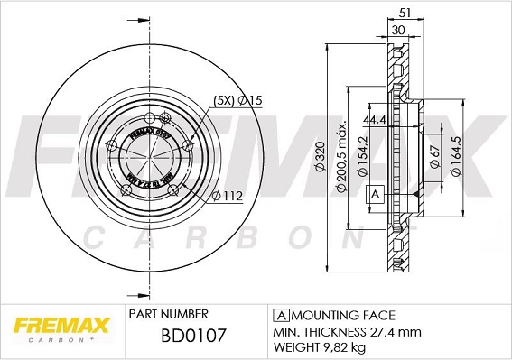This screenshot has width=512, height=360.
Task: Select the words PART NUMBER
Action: coord(168,314)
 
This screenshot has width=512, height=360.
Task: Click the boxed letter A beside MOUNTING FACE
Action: coord(280,315)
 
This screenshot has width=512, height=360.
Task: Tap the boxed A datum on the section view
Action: coord(373,194)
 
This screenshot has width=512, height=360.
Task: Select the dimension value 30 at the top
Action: coord(397,30)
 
